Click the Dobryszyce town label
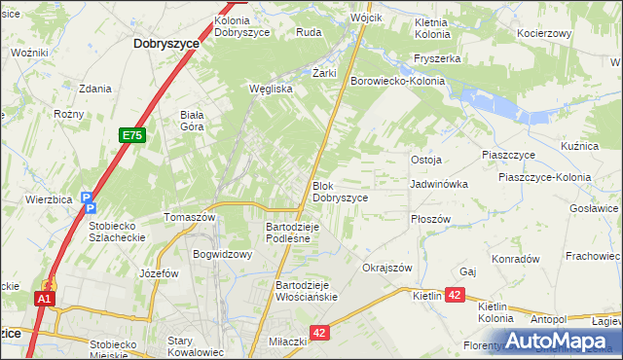pos(165,44)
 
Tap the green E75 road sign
pos(134,136)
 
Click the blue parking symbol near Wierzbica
pos(89,200)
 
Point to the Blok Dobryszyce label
pos(340,191)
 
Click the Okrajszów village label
pos(387,268)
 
